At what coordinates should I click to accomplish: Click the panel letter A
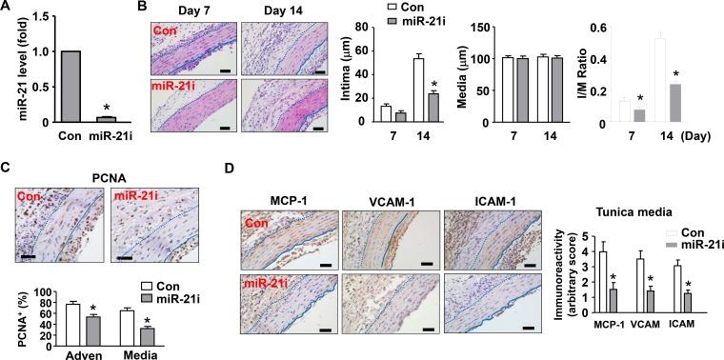tap(7, 7)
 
